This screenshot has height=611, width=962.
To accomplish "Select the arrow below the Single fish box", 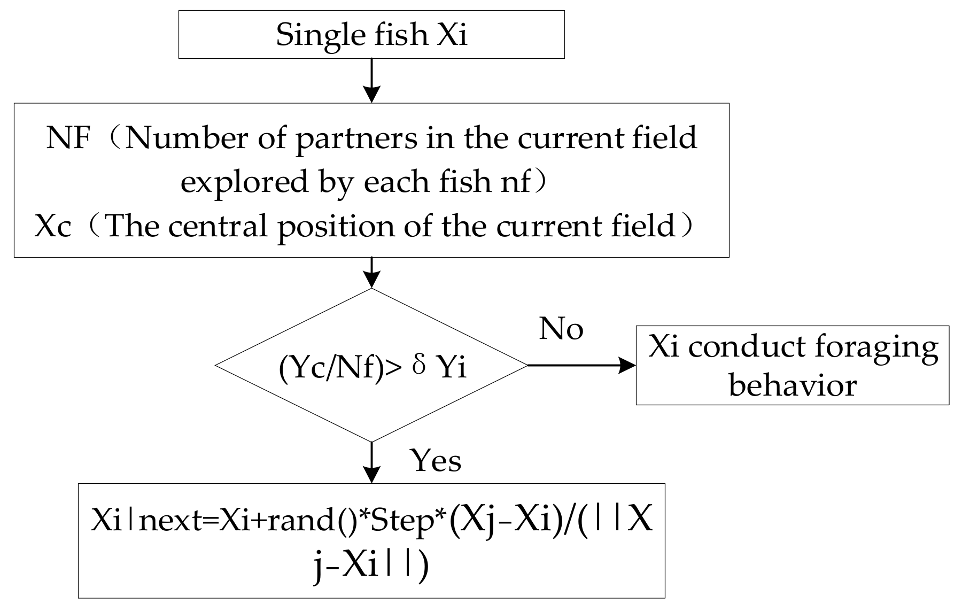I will coord(371,80).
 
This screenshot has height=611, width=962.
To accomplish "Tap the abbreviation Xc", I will coord(52,227).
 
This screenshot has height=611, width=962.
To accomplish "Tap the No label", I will coord(561,328).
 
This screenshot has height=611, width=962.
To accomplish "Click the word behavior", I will coord(793,385).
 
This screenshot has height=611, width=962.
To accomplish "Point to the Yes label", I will coord(435,460).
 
